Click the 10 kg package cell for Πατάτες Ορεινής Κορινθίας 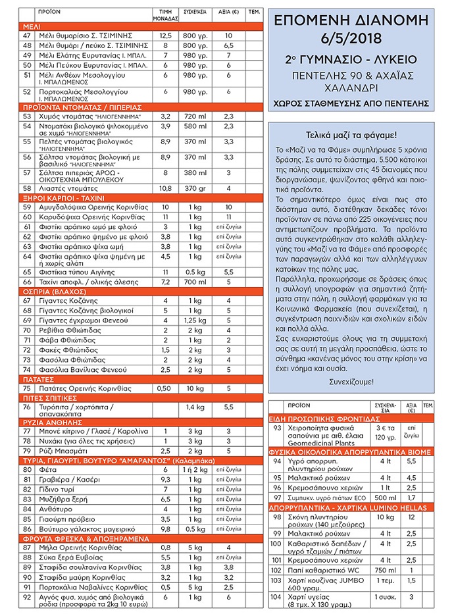pyautogui.click(x=195, y=389)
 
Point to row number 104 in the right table pyautogui.click(x=276, y=598)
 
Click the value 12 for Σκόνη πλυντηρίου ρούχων pyautogui.click(x=411, y=517)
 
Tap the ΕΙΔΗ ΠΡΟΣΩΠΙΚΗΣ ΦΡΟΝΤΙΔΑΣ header pyautogui.click(x=325, y=419)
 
